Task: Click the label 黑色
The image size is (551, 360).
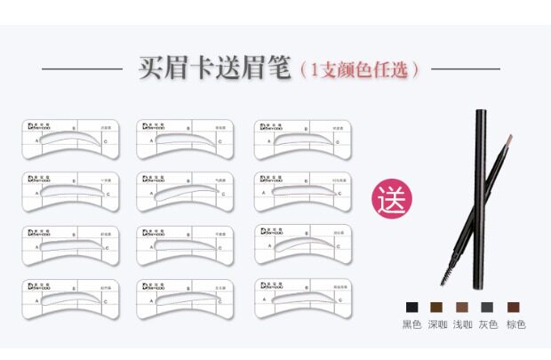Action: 411,324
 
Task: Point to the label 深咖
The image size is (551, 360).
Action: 436,324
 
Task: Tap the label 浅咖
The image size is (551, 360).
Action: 462,324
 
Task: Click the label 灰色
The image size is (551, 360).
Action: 488,324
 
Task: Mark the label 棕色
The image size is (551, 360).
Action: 514,324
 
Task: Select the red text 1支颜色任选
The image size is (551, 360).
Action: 359,68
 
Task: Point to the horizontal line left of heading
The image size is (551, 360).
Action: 82,68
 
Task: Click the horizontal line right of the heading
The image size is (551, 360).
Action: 465,68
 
